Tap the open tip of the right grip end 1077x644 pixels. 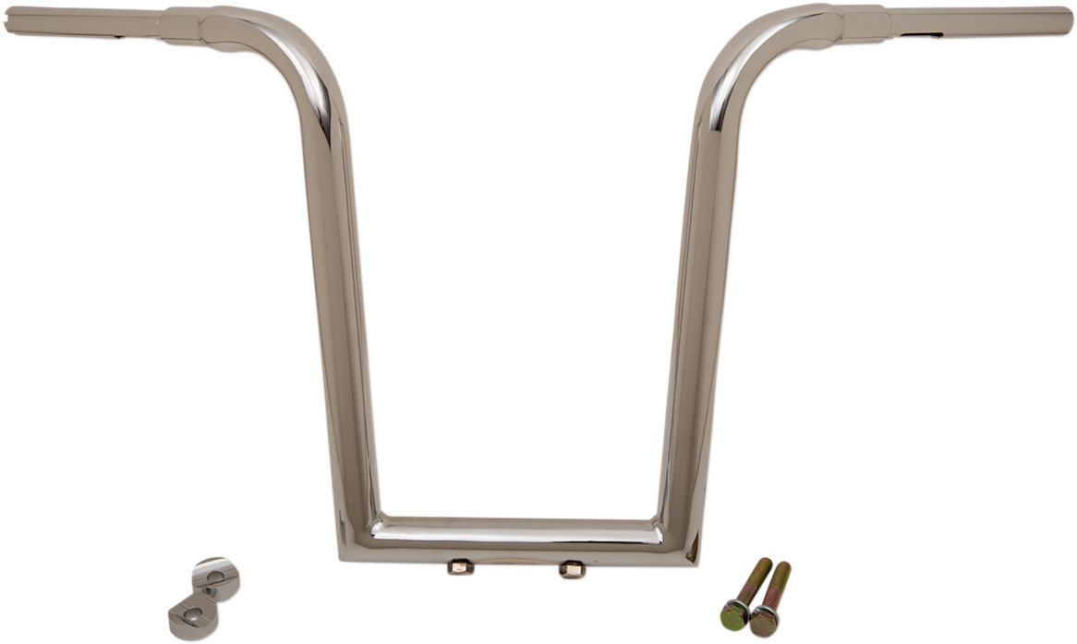(x=1068, y=20)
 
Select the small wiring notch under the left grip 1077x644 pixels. (x=117, y=38)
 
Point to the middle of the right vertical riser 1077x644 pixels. (x=697, y=305)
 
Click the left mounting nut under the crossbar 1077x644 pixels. (x=459, y=567)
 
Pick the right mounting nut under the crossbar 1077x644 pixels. (x=571, y=569)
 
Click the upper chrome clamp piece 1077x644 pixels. (x=216, y=576)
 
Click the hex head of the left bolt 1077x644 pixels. (x=734, y=614)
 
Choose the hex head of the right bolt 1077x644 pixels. (x=763, y=620)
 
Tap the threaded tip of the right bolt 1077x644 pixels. (x=784, y=566)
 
